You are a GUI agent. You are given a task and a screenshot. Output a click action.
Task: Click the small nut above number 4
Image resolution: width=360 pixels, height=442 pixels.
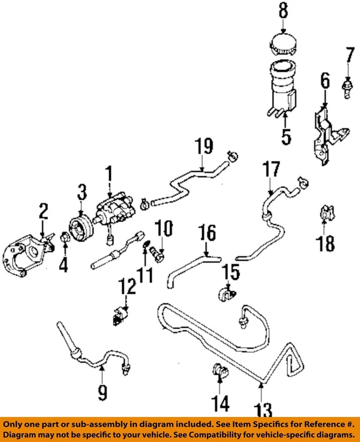coord(64,238)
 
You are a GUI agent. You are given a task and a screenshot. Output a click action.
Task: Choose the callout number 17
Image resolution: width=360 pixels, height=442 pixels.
coord(272,169)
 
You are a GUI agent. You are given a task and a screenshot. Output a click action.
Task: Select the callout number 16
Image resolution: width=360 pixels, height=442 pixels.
coord(208,234)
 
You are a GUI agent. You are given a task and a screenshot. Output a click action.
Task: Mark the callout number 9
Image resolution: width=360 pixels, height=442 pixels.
coord(102,392)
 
